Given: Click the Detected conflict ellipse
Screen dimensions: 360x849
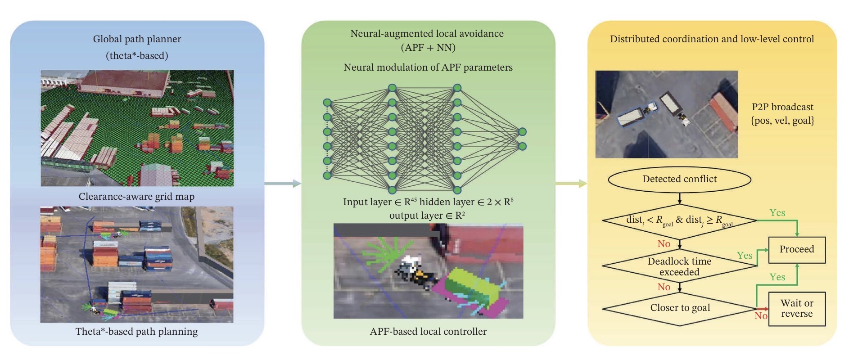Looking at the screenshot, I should [x=679, y=179].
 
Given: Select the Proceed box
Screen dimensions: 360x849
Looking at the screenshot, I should [x=796, y=250].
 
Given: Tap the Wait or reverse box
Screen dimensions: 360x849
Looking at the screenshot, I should [x=796, y=309].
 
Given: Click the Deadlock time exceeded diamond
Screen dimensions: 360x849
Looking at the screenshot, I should [x=679, y=266].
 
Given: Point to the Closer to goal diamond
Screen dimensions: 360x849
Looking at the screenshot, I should [x=679, y=308].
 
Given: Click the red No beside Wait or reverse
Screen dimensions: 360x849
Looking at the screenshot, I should [x=761, y=316].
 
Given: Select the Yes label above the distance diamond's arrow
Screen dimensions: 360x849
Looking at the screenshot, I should [x=777, y=213].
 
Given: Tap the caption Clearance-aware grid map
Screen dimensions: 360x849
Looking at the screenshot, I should [x=136, y=197].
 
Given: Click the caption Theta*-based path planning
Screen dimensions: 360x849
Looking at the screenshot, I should [x=136, y=332].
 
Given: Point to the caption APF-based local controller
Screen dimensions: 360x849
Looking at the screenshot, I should [x=428, y=332].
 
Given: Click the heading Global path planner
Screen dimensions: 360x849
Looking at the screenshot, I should [x=137, y=39].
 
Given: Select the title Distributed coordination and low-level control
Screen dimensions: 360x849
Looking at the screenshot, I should [x=712, y=39].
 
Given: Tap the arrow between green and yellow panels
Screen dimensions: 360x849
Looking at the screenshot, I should [x=571, y=183].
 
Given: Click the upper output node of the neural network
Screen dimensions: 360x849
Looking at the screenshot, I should [x=522, y=132].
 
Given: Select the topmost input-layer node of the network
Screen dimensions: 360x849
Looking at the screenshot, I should [x=327, y=103].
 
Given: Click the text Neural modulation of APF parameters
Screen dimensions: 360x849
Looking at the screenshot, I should [x=428, y=67].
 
